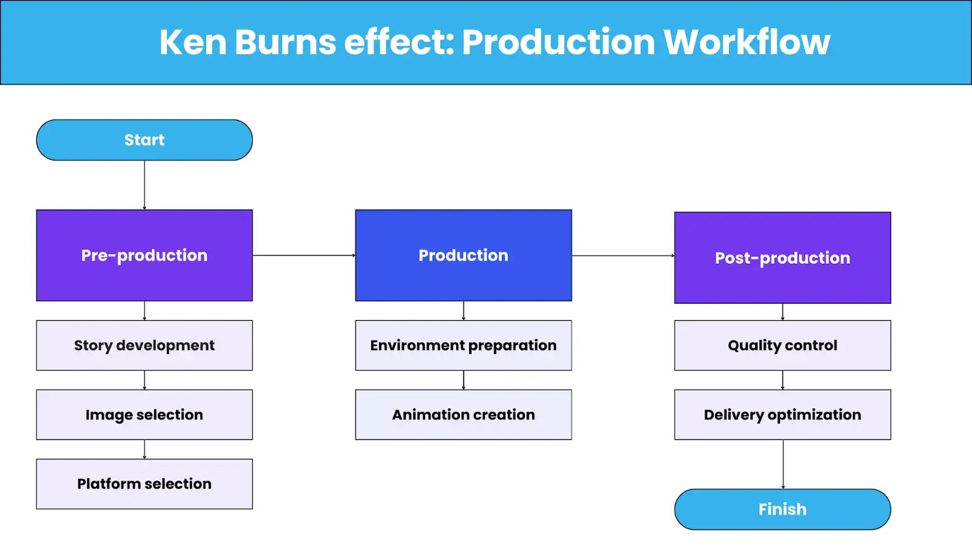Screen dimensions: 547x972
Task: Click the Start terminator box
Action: pos(145,140)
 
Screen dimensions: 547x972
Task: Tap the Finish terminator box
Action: pos(782,509)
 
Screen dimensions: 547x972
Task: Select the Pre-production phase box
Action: pos(145,255)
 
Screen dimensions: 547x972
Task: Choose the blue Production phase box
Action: pos(464,255)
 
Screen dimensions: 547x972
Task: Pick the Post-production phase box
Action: pos(782,258)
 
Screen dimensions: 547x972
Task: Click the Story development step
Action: pos(145,345)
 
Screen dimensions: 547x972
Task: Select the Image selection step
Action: pos(145,415)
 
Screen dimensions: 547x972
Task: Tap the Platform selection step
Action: pos(145,484)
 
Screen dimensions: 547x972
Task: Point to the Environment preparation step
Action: pos(464,345)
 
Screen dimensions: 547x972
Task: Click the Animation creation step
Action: pos(464,415)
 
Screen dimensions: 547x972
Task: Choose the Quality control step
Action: pos(782,345)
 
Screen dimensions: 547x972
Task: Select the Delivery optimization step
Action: pos(782,415)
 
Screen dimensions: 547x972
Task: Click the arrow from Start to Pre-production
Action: pos(145,185)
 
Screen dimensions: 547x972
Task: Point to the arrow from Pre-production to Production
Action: pos(304,255)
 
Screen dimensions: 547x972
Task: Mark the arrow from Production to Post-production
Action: pos(623,255)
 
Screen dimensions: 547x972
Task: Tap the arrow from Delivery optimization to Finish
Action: pos(783,464)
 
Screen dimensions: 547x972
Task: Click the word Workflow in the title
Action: pos(747,42)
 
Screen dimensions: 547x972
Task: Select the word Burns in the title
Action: pos(285,42)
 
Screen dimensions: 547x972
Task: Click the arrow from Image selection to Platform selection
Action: pos(145,449)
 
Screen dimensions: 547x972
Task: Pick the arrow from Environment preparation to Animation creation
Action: pos(464,380)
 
